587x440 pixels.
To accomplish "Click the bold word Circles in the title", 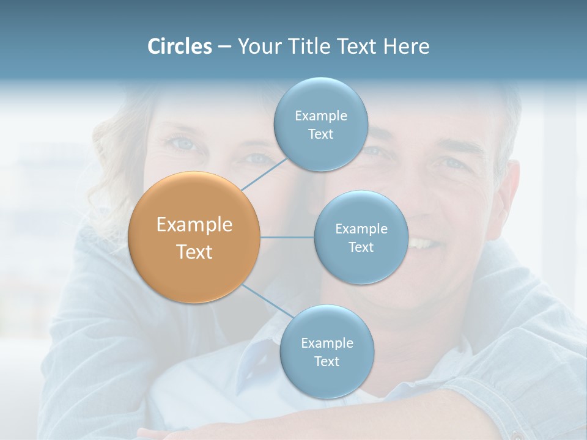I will (x=179, y=46).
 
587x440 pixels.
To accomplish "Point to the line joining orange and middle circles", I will (x=287, y=237).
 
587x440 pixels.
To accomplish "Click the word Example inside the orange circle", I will (x=194, y=225).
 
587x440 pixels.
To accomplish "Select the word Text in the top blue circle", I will (x=321, y=134).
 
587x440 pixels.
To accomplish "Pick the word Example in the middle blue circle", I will (x=361, y=229).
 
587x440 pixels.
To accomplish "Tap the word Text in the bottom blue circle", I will (x=327, y=362).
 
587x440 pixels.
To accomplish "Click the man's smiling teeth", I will (x=423, y=243).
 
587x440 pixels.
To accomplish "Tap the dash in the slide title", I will (x=224, y=46).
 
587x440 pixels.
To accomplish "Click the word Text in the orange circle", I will (x=194, y=252).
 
